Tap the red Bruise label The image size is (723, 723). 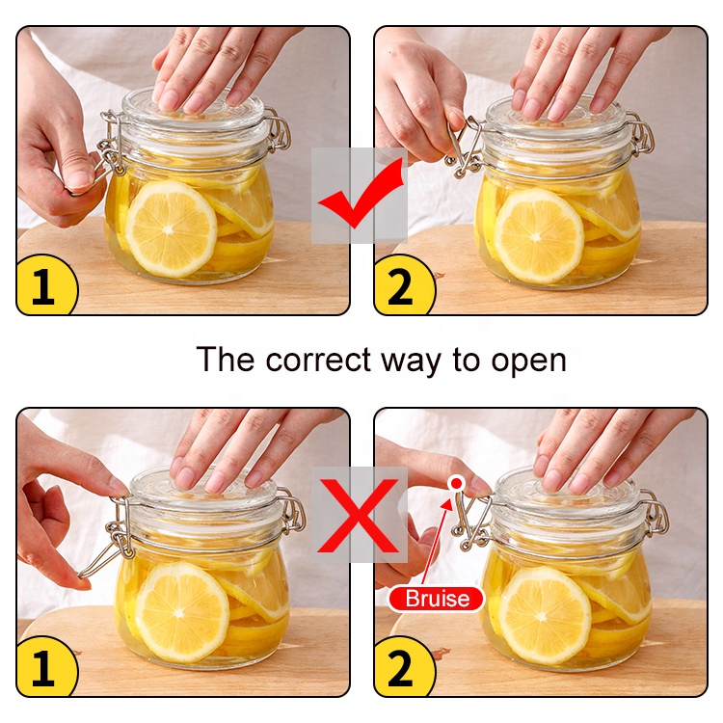(x=436, y=599)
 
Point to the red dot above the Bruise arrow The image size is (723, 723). (x=456, y=483)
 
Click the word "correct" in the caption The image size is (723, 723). (x=318, y=360)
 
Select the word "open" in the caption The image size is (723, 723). (x=528, y=361)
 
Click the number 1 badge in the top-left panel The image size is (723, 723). (x=45, y=285)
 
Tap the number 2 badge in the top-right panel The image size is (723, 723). (x=403, y=285)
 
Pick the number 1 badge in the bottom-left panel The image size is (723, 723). (x=45, y=667)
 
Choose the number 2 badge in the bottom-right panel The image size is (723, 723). (x=403, y=667)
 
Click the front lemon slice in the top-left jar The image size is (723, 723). (x=172, y=228)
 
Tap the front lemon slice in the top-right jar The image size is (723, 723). (x=539, y=236)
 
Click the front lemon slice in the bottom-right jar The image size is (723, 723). (x=545, y=616)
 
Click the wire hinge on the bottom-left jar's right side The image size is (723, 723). (x=292, y=512)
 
